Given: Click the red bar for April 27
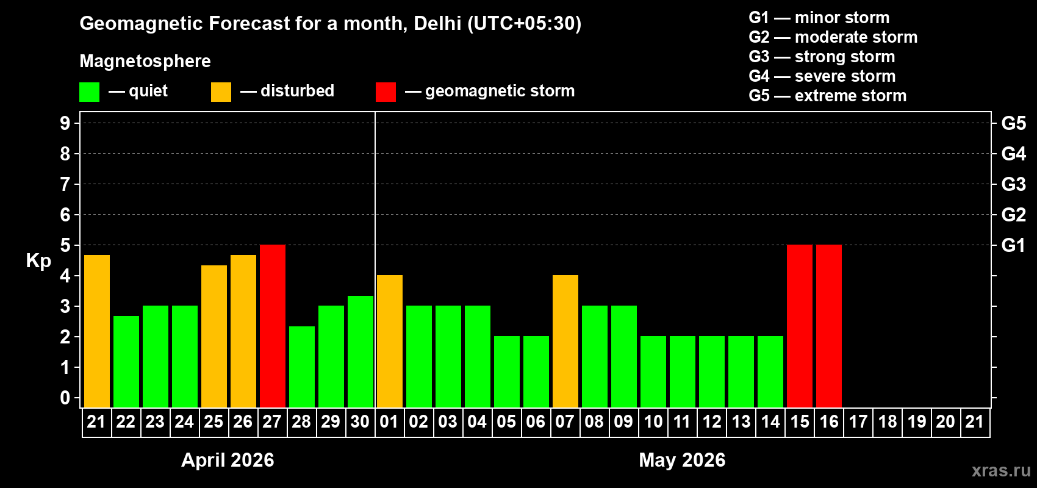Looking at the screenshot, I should click(x=273, y=326).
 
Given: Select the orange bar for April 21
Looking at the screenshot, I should click(x=97, y=331).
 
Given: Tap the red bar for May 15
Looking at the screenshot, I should click(x=800, y=326).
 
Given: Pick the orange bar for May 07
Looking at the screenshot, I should click(x=565, y=341).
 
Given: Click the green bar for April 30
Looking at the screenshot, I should click(x=361, y=351).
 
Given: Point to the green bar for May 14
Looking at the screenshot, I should click(x=770, y=371).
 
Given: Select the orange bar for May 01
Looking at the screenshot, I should click(x=390, y=341).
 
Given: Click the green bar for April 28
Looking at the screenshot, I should click(x=302, y=367).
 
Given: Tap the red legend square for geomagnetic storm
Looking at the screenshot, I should click(x=386, y=92).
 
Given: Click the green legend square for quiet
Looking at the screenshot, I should click(x=90, y=92).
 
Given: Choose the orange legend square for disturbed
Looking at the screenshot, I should click(x=221, y=92).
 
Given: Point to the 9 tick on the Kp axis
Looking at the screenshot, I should click(x=65, y=123).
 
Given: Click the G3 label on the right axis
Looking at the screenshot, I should click(x=1013, y=184).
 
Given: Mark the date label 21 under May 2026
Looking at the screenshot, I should click(x=975, y=422).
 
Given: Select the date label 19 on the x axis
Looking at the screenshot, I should click(x=916, y=422).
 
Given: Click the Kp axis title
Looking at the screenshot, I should click(x=38, y=260).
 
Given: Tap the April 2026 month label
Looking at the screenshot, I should click(x=228, y=460).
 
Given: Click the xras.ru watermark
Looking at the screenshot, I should click(x=1001, y=470).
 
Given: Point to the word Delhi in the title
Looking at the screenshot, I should click(x=437, y=23).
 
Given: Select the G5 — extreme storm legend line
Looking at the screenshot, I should click(x=827, y=96).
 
